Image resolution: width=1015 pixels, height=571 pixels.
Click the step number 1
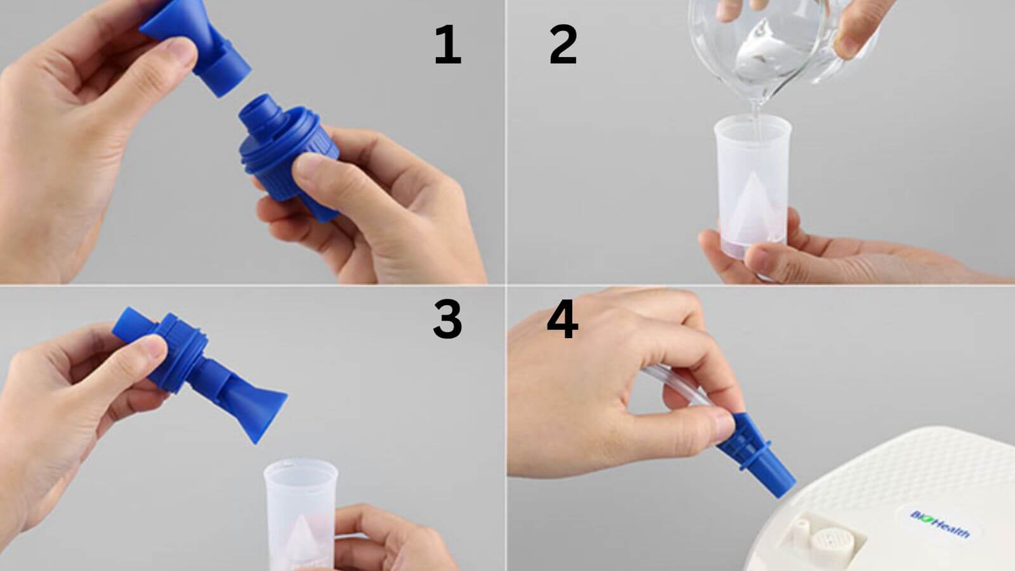[447, 46]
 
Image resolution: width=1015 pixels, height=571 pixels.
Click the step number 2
[562, 46]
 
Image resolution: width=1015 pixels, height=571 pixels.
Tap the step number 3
[447, 319]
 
